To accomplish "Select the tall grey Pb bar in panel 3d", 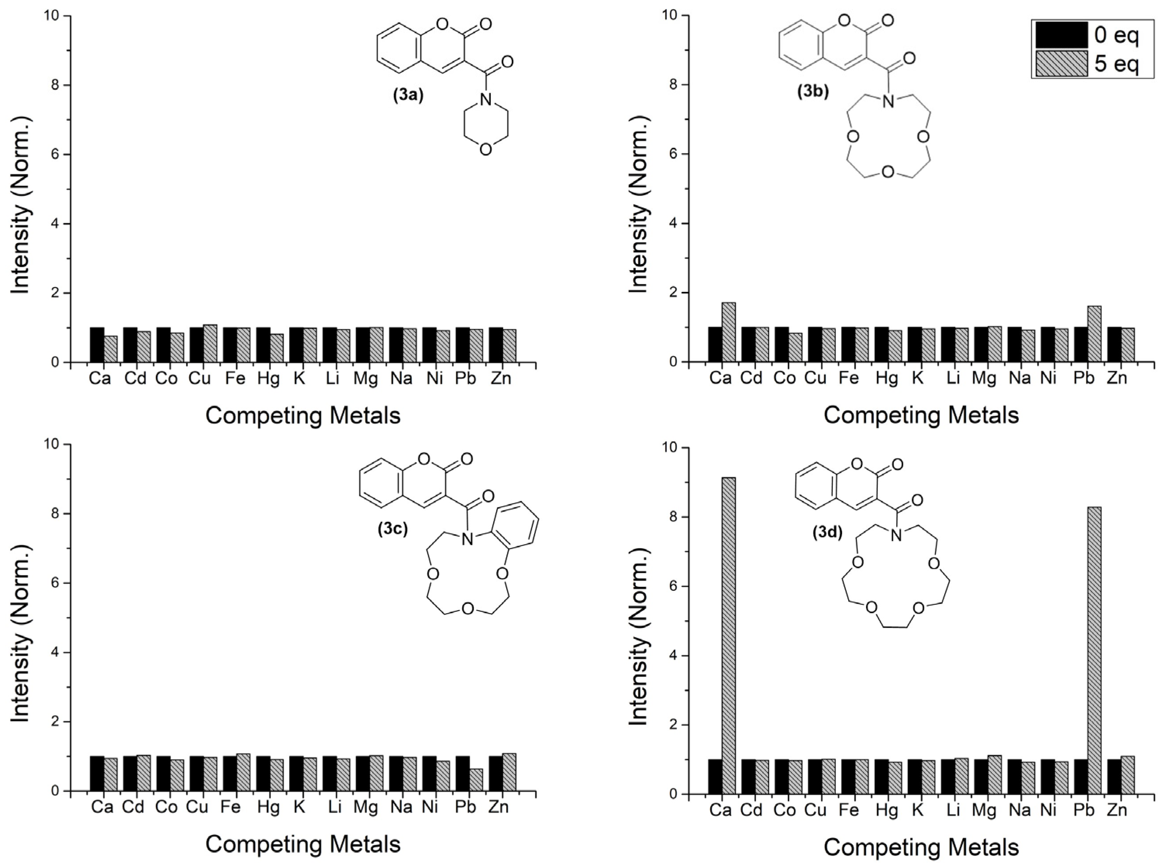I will coord(1094,650).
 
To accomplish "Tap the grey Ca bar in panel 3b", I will coord(728,332).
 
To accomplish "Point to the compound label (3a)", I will coord(408,96).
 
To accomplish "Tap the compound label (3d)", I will coord(827,533).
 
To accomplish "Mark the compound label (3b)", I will coord(813,91).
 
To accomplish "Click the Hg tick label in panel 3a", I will coord(268,378).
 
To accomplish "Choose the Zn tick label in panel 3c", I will coord(499,807).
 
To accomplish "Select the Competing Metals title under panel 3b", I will coord(921,416).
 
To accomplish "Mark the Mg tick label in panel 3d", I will coord(984,811).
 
